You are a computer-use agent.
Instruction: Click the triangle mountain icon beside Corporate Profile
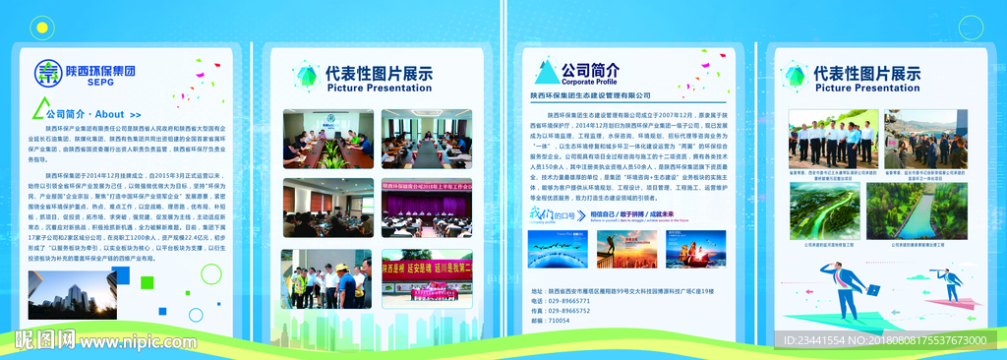click(x=546, y=71)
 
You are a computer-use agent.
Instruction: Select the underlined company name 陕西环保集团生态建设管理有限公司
click(x=590, y=95)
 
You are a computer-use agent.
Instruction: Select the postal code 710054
click(x=559, y=321)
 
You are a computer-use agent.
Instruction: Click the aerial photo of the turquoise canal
click(x=923, y=210)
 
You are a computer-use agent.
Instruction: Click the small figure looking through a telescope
click(x=950, y=281)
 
